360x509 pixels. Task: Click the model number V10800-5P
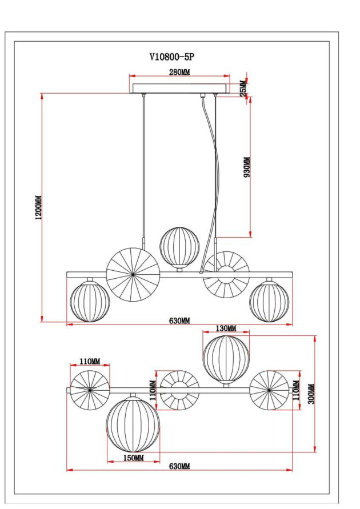(x=176, y=57)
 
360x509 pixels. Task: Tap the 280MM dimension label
(x=179, y=73)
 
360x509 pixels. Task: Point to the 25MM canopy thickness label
(x=242, y=88)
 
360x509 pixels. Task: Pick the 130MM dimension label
(x=226, y=328)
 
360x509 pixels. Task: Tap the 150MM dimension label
(x=133, y=458)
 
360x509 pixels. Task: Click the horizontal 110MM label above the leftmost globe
(x=90, y=362)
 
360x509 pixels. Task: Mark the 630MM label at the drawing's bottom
(x=179, y=467)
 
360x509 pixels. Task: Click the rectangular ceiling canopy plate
(x=179, y=89)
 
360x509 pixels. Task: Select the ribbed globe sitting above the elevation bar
(x=178, y=246)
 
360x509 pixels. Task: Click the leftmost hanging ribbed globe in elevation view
(x=90, y=301)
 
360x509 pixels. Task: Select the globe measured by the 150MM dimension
(x=133, y=424)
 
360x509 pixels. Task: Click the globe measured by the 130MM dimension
(x=226, y=359)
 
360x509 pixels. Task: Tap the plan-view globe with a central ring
(x=179, y=391)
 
